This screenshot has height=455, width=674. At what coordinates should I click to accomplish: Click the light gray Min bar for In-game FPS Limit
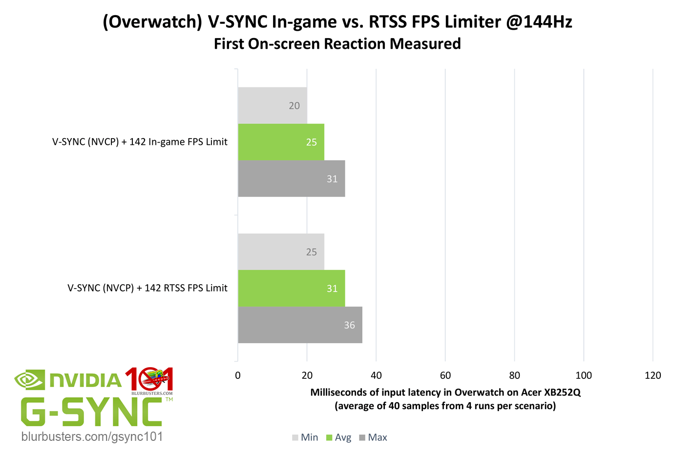(x=272, y=105)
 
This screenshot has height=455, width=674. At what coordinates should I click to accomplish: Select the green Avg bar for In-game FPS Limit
(x=281, y=142)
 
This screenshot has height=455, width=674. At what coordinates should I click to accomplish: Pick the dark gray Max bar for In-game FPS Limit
(x=291, y=179)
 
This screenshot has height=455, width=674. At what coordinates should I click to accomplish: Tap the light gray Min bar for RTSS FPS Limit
(x=281, y=252)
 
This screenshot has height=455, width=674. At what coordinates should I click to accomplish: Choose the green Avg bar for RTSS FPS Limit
(x=291, y=289)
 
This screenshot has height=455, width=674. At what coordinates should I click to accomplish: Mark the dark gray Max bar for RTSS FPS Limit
(x=300, y=325)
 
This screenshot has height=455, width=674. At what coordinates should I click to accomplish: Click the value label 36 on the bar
(x=349, y=325)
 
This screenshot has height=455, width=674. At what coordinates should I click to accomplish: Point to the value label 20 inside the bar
(x=294, y=106)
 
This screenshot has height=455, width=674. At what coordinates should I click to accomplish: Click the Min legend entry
(x=305, y=437)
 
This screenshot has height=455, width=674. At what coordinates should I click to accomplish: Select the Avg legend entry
(x=339, y=437)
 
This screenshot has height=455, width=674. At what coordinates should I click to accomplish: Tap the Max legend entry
(x=374, y=437)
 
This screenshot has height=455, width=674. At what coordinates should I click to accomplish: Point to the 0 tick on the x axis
(x=238, y=375)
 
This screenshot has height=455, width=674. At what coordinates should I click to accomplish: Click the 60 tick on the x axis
(x=445, y=375)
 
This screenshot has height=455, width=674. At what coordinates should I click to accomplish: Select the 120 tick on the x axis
(x=653, y=375)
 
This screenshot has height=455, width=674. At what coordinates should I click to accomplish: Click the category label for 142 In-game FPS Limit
(x=140, y=142)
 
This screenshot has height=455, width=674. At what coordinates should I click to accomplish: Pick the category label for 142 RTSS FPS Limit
(x=147, y=288)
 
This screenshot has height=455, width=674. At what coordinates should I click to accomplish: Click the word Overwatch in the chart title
(x=152, y=22)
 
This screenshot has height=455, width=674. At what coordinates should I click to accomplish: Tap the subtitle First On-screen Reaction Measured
(x=337, y=44)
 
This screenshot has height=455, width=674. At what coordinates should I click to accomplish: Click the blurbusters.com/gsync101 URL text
(x=92, y=436)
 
